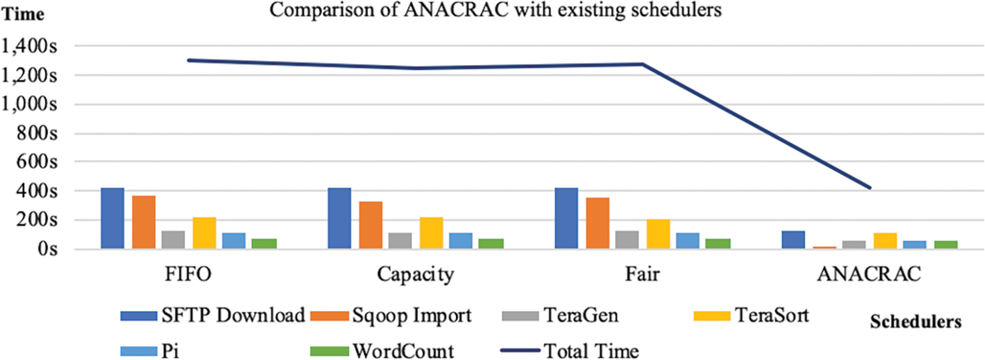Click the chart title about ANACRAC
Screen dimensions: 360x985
click(x=495, y=10)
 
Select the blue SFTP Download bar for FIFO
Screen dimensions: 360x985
click(x=113, y=218)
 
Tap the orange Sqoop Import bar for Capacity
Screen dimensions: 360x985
click(x=371, y=225)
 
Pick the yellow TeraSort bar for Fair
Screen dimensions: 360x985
click(x=658, y=234)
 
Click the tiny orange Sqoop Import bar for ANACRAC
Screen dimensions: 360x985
click(x=824, y=247)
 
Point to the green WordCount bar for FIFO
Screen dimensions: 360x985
click(x=264, y=244)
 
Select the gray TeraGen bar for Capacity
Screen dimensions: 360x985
click(x=400, y=241)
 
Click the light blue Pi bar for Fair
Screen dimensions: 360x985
click(x=688, y=241)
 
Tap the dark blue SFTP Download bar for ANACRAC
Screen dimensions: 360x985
click(x=794, y=240)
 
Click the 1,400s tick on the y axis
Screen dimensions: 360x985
click(x=30, y=46)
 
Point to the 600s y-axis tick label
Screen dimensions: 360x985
click(x=37, y=162)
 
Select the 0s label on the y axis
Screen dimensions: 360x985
click(x=47, y=249)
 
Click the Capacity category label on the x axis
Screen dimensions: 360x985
click(x=416, y=274)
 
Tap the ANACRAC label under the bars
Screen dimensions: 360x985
click(x=869, y=274)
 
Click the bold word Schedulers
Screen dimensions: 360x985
click(x=915, y=321)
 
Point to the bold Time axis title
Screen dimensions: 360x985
click(x=23, y=14)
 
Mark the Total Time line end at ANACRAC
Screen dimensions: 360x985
click(x=869, y=188)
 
